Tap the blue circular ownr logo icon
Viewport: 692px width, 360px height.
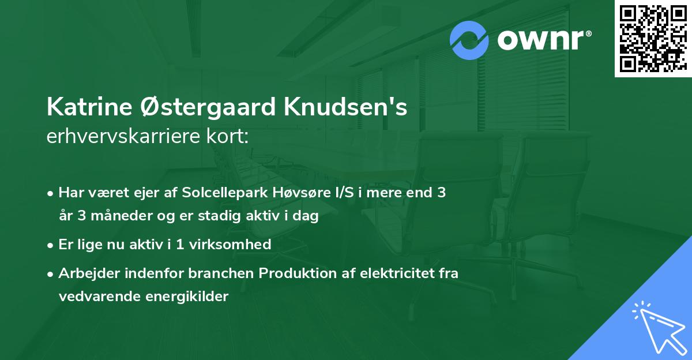(x=469, y=40)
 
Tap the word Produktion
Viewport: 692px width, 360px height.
(x=295, y=273)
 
